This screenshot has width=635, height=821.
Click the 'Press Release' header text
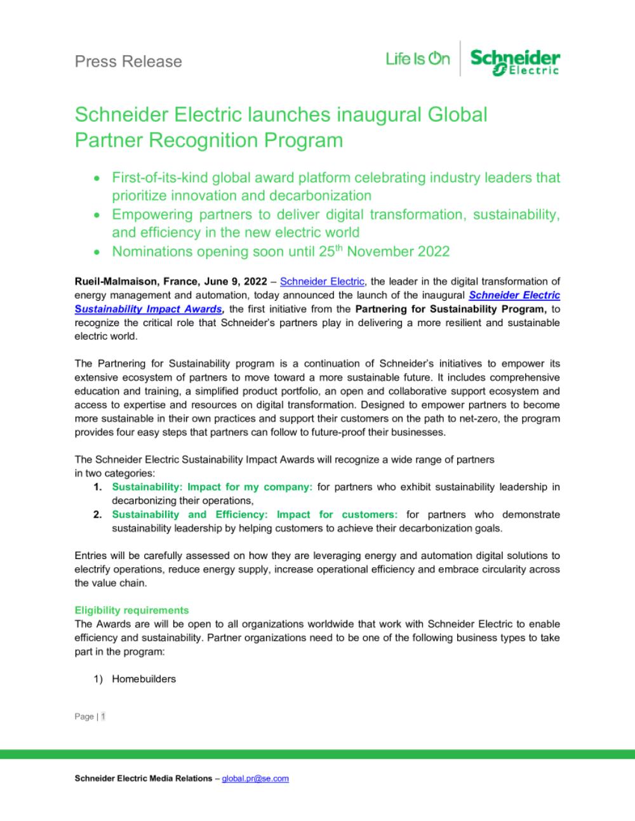tap(128, 62)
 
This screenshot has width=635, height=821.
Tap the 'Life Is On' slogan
tap(418, 59)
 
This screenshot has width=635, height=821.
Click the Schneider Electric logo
tap(515, 62)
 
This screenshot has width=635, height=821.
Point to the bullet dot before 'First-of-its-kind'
tap(97, 179)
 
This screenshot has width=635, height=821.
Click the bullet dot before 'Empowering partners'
tap(97, 216)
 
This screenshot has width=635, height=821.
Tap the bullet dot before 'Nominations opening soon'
tap(97, 253)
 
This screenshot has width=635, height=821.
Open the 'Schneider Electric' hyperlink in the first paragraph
tap(322, 282)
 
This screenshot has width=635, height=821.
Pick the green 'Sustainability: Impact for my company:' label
tap(212, 487)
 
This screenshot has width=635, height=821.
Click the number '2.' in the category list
tap(98, 515)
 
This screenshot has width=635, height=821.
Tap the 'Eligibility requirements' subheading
tap(131, 610)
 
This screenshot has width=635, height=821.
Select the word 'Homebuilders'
tap(144, 679)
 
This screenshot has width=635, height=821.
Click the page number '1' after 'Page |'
tap(103, 716)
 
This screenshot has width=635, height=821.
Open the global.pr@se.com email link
tap(255, 778)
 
